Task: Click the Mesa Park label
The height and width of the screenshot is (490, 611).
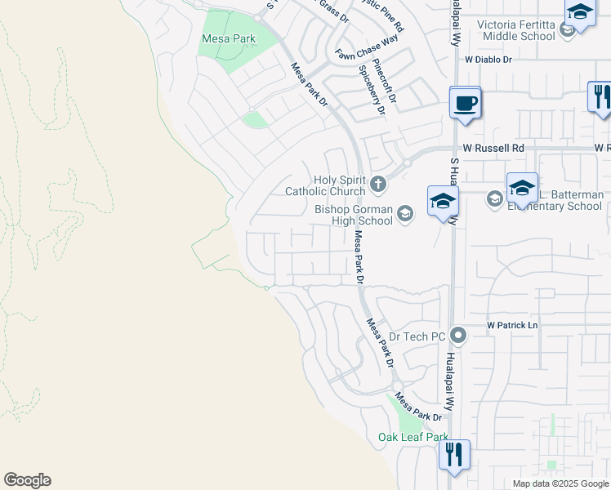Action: pyautogui.click(x=228, y=38)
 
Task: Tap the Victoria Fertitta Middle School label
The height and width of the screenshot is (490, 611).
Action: pyautogui.click(x=519, y=30)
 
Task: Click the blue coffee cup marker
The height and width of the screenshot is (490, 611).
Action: pyautogui.click(x=465, y=105)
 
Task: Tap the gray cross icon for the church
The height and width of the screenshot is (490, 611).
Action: pyautogui.click(x=377, y=184)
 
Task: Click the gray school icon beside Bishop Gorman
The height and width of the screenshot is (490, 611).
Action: pyautogui.click(x=404, y=214)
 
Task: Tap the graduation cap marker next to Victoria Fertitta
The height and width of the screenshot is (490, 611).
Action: pyautogui.click(x=579, y=13)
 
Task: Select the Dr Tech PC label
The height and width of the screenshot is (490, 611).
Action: pyautogui.click(x=417, y=336)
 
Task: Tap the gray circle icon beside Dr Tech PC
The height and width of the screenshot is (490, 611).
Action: pyautogui.click(x=458, y=335)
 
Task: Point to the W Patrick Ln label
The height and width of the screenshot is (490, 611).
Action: pyautogui.click(x=512, y=325)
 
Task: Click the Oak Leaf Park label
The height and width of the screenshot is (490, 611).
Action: pyautogui.click(x=413, y=438)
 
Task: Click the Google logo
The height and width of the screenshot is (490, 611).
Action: pyautogui.click(x=27, y=480)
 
